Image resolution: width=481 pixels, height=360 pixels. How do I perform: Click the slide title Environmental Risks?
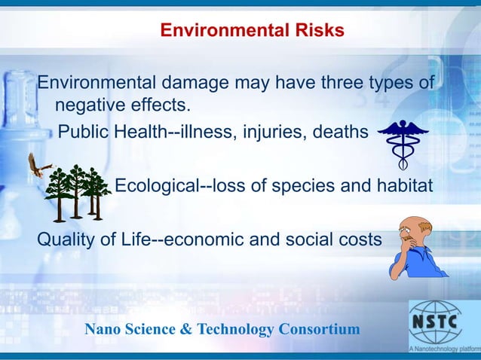tap(253, 31)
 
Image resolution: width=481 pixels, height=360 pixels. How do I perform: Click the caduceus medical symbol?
tap(403, 144)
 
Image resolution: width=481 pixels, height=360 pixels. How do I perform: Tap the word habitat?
tap(406, 186)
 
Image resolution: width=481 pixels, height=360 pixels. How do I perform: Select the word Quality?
tap(69, 240)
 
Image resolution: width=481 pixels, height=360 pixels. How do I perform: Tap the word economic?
tap(219, 240)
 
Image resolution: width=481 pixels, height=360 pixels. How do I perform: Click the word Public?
tap(84, 133)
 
